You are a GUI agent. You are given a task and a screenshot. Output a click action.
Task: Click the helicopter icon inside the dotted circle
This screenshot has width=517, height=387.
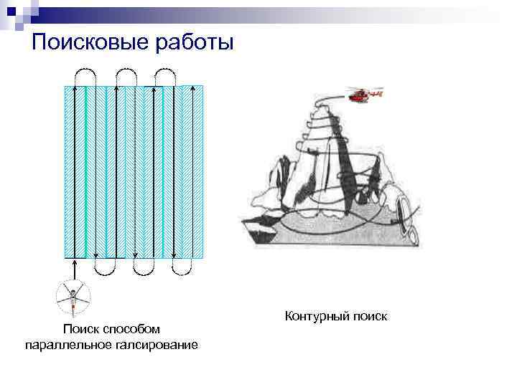(x=73, y=296)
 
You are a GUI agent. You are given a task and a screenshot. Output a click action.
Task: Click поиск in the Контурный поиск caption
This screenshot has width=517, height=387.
(x=368, y=315)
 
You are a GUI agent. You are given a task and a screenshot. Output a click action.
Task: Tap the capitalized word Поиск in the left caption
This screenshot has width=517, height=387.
(x=81, y=329)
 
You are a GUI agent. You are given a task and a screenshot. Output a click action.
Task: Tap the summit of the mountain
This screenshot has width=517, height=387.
(x=321, y=99)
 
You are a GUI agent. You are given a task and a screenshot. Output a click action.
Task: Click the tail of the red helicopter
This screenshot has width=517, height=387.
(x=381, y=93)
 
